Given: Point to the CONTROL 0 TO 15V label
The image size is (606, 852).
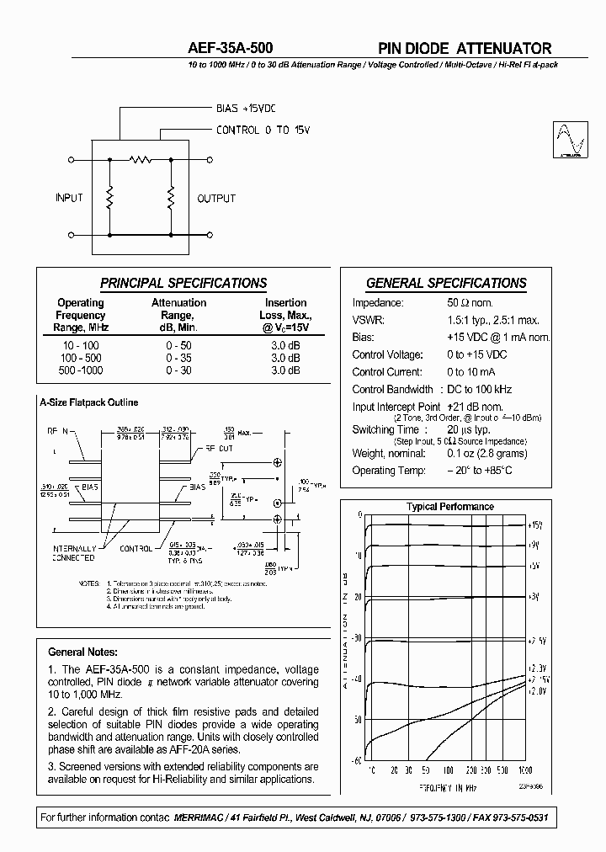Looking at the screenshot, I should coord(263,130).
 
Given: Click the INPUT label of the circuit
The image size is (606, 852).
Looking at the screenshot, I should coord(69,198).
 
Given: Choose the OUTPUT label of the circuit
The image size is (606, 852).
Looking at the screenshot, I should coord(216,198).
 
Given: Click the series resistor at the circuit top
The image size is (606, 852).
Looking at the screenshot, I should coord(140,158).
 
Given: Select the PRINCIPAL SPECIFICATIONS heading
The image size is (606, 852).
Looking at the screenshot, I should coord(183,284).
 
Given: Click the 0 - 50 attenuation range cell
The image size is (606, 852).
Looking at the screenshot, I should coord(178,346).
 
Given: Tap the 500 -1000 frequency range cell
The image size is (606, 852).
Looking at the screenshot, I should coord(80,370).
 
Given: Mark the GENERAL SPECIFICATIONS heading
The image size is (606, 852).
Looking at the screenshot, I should coord(446,284).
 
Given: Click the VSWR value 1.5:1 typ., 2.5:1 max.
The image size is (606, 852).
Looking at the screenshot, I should coord(493,320).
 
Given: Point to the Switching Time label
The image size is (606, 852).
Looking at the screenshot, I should coord(385,429).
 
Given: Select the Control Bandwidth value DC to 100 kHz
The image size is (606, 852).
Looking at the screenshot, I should coord(479,389).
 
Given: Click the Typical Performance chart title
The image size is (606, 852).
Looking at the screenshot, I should coord(450,507).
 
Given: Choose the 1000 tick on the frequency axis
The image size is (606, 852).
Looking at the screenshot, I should coord(525,769).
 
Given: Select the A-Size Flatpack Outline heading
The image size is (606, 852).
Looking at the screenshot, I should coord(88,402).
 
